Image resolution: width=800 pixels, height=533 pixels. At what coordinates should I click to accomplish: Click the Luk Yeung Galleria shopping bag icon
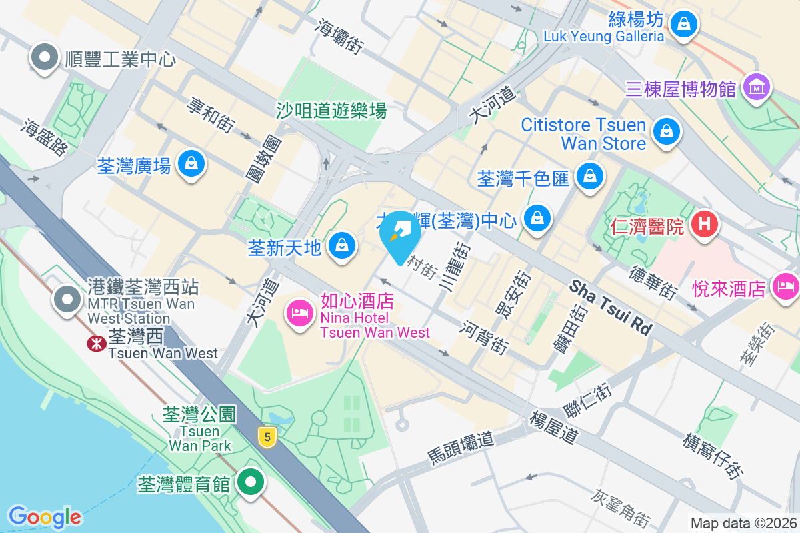pos(683,25)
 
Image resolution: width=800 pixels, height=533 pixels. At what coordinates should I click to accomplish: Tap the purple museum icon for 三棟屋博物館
pos(756,87)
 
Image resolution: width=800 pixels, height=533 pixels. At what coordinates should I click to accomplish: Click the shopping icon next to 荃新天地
pos(342,247)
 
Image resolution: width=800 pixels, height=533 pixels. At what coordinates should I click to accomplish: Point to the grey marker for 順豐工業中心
pos(45,59)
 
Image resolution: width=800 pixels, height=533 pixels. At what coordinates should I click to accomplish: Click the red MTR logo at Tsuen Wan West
pos(96,344)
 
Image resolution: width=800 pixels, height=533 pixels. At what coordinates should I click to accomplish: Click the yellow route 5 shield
pos(267,437)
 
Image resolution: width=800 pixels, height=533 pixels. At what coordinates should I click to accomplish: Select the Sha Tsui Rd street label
pos(610,307)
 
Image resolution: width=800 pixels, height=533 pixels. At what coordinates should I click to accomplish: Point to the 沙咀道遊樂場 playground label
pos(331,110)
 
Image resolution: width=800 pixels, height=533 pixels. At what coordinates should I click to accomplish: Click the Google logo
pos(45,516)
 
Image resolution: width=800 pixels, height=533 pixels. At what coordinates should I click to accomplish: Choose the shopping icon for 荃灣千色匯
pos(589,177)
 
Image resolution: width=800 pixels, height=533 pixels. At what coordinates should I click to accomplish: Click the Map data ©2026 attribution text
pos(743,524)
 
